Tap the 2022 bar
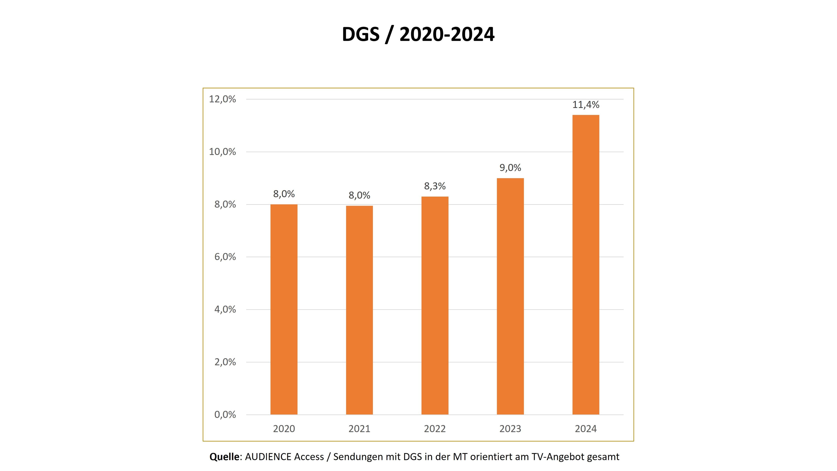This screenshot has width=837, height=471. [x=435, y=305]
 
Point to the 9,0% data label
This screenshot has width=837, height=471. [x=510, y=168]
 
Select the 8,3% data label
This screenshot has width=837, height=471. [x=435, y=186]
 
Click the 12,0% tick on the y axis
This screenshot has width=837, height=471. [x=222, y=99]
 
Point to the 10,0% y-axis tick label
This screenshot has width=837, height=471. [x=222, y=152]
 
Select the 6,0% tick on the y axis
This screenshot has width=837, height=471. [x=225, y=257]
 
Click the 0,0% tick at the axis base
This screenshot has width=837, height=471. [x=225, y=415]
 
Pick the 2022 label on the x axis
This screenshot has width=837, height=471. [x=435, y=429]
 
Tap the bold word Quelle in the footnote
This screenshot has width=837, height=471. [x=224, y=457]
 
